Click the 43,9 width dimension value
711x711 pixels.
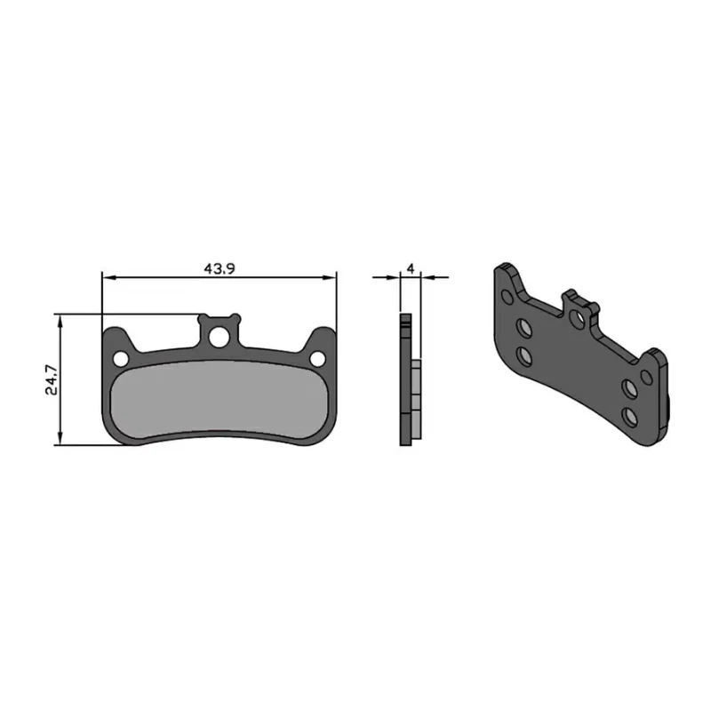click(219, 269)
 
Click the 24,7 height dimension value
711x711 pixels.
click(52, 379)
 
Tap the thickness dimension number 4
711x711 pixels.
click(411, 269)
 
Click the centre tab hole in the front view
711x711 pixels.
click(219, 337)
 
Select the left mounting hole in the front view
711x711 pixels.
click(121, 360)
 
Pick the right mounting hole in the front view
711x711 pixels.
click(317, 359)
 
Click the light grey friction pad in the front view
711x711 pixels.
click(219, 399)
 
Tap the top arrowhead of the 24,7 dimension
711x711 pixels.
click(60, 320)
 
